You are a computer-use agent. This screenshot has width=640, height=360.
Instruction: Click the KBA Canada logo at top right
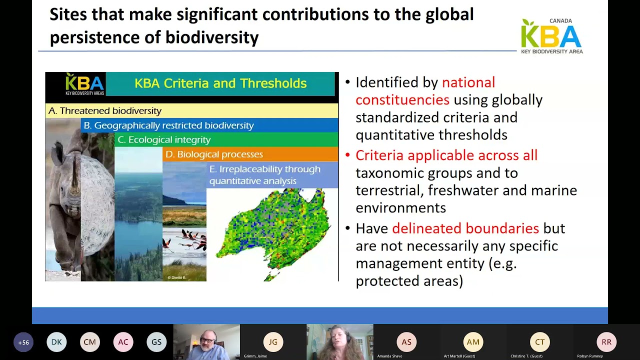551,36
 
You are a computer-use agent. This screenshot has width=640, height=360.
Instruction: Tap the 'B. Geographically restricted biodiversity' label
168,125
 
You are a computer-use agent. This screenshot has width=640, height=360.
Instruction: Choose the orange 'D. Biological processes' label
214,154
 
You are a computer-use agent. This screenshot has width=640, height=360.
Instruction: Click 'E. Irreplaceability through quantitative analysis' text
264,175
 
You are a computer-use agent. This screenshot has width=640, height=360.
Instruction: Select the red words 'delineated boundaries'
465,228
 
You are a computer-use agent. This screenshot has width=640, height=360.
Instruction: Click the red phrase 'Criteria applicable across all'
446,155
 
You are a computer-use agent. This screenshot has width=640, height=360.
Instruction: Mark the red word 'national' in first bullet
468,82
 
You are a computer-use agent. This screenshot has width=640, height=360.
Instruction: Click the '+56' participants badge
23,342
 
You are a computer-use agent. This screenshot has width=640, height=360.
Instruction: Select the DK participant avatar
56,342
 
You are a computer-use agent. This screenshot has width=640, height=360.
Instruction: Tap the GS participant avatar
156,342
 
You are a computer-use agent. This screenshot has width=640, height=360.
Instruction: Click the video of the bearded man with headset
206,342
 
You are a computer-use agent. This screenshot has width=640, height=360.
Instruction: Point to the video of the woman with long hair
339,342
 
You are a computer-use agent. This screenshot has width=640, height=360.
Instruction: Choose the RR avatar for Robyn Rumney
606,342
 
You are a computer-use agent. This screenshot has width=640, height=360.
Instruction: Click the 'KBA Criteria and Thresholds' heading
220,83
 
